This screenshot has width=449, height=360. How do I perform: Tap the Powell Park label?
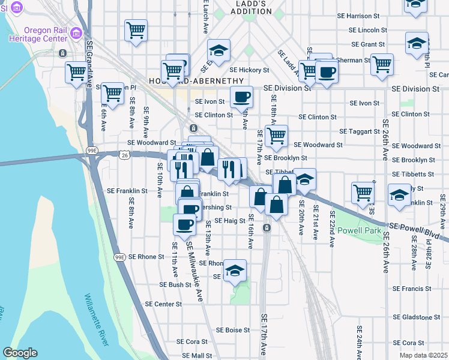[x=359, y=230]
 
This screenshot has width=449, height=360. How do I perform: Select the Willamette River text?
[x=97, y=320]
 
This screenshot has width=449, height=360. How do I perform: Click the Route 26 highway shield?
[x=124, y=155]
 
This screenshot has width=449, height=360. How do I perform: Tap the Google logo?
[x=20, y=353]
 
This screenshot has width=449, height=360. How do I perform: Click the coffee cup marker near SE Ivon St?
[x=241, y=97]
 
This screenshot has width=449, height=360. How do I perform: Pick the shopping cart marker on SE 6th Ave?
[x=112, y=94]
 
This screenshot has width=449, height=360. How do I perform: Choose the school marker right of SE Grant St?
[x=417, y=44]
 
